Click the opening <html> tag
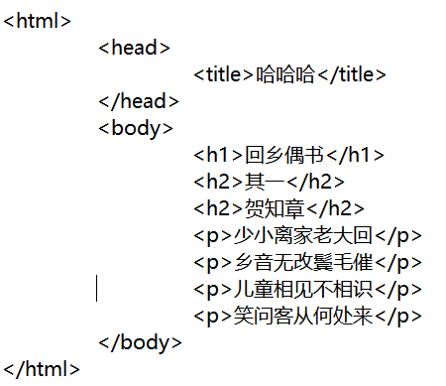pos(37,21)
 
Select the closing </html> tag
pos(42,369)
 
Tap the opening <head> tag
pos(134,48)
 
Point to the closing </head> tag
pos(139,101)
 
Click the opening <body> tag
pos(136,128)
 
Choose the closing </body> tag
pos(140,342)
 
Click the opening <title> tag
pos(223,74)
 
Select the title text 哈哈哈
pos(285,74)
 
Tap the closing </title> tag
pos(352,74)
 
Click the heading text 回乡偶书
pos(283,155)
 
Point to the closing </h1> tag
pos(355,155)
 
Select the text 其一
pos(265,182)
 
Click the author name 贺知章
pos(275,208)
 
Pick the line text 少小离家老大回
pos(303,235)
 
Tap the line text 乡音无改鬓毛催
pos(303,262)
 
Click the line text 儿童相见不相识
pos(303,289)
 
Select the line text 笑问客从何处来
pos(303,316)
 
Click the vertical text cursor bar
pos(96,288)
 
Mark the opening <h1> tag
pos(218,155)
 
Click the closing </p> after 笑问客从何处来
pos(398,317)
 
